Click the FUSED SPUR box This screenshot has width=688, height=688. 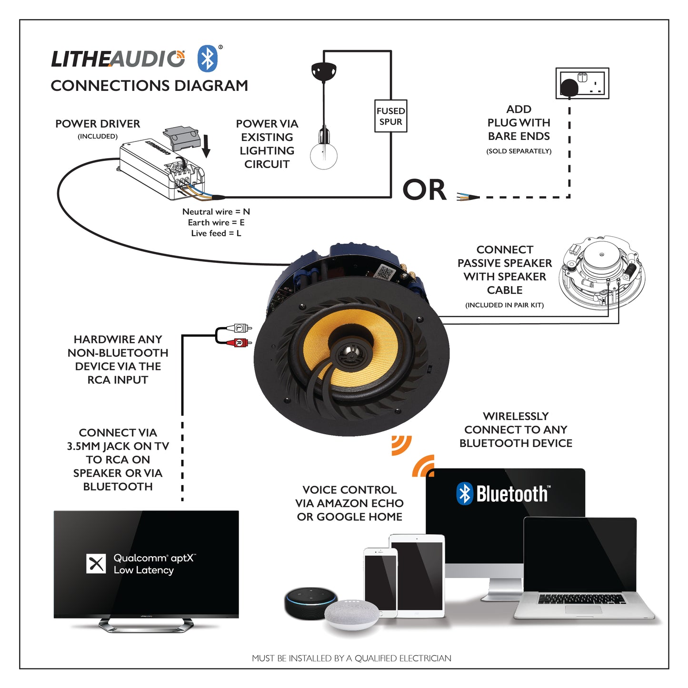pos(390,116)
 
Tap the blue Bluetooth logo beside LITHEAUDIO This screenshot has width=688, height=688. pos(208,59)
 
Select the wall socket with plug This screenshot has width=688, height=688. pos(582,84)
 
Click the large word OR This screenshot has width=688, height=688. pos(424,190)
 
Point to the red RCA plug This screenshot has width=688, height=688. pos(242,342)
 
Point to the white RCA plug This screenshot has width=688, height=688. pos(242,328)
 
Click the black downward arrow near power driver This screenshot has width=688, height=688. pos(206,146)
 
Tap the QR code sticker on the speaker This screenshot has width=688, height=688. pos(385,273)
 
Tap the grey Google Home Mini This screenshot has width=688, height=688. pos(352,615)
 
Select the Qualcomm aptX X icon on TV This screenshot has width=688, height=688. pos(96,564)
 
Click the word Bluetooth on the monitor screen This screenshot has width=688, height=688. pos(512,494)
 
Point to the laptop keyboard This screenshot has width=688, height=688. pos(582,599)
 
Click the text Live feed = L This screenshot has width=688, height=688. pos(216,233)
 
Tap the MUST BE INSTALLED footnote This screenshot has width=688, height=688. pos(351,658)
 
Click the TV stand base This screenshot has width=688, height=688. pos(146,625)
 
